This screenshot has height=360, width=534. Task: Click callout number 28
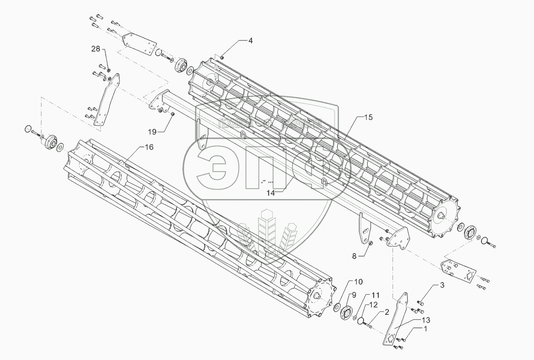[x=95, y=49]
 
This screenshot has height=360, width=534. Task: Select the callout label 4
[x=251, y=41]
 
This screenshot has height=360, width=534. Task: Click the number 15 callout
[x=368, y=118]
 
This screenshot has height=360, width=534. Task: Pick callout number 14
[x=270, y=193]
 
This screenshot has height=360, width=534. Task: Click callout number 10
[x=358, y=281]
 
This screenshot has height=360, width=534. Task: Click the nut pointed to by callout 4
[x=222, y=57]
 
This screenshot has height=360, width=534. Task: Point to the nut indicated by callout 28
[x=108, y=70]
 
